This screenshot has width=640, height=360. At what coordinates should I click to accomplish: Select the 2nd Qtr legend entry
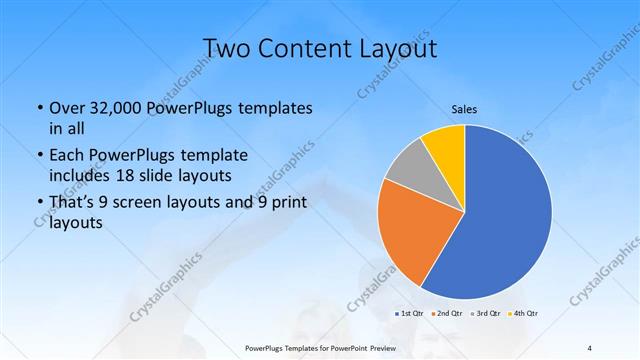point(449,314)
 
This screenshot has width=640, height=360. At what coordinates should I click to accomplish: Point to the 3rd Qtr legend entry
point(489,314)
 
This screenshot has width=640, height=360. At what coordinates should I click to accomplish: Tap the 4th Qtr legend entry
point(527,314)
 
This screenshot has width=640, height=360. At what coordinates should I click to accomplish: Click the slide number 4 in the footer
point(590,348)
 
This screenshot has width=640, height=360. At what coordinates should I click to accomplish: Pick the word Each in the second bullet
point(66,156)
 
